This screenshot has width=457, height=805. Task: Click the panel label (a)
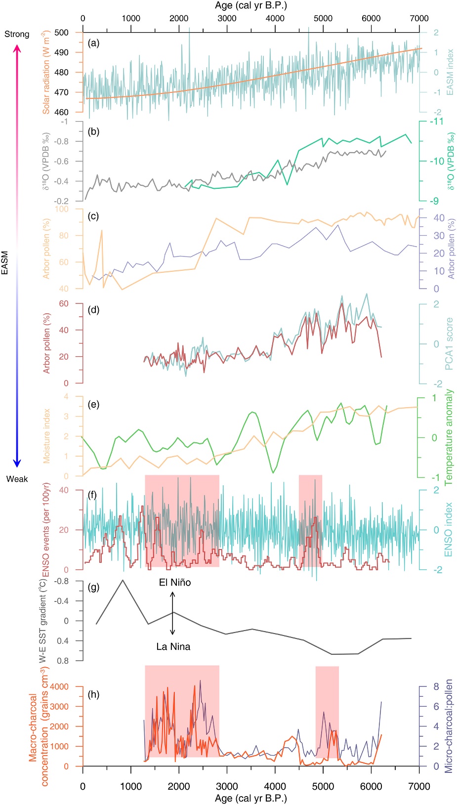pos(93,43)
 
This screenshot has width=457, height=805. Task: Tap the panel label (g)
pos(93,588)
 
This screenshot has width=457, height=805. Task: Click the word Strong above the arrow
pos(17,34)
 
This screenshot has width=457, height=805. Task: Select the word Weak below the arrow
pos(17,479)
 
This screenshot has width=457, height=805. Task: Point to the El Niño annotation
pos(175,583)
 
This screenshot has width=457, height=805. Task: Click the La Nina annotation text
pos(173,646)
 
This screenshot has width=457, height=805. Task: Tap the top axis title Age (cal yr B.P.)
pos(251,6)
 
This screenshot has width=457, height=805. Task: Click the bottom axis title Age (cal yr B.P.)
pos(251,798)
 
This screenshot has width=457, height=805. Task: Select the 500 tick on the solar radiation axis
pos(62,33)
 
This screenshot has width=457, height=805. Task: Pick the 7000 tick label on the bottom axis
pos(419,786)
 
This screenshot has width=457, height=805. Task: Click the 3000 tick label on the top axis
pos(227,18)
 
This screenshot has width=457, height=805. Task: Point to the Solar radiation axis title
pos(46,72)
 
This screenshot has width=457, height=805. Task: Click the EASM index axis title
pos(450,72)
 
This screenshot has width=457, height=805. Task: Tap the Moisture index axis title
pos(46,436)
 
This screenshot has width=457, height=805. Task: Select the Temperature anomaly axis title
pos(449,437)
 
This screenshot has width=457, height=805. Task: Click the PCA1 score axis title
pos(449,343)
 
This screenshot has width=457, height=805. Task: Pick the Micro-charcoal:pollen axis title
pos(449,726)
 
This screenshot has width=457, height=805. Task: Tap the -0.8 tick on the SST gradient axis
pos(62,581)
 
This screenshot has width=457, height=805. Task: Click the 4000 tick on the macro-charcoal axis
pos(59,686)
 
